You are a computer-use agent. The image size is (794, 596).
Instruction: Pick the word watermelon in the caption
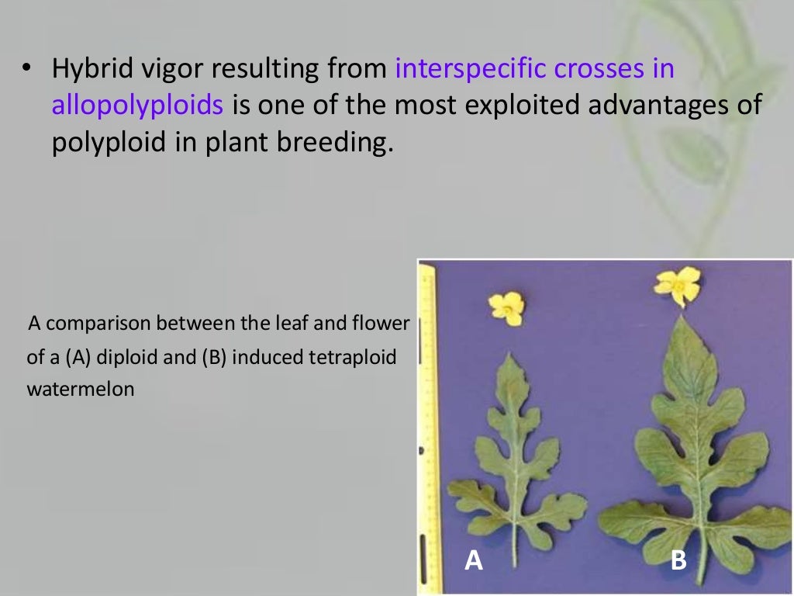(x=81, y=390)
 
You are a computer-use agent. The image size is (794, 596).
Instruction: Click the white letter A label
(x=473, y=560)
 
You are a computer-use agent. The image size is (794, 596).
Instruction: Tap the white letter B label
(x=678, y=560)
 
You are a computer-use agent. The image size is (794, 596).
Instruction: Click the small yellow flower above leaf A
(x=506, y=308)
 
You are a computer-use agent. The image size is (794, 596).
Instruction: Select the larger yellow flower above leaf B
(x=678, y=286)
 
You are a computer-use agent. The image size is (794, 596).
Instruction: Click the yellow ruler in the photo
(x=427, y=427)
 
